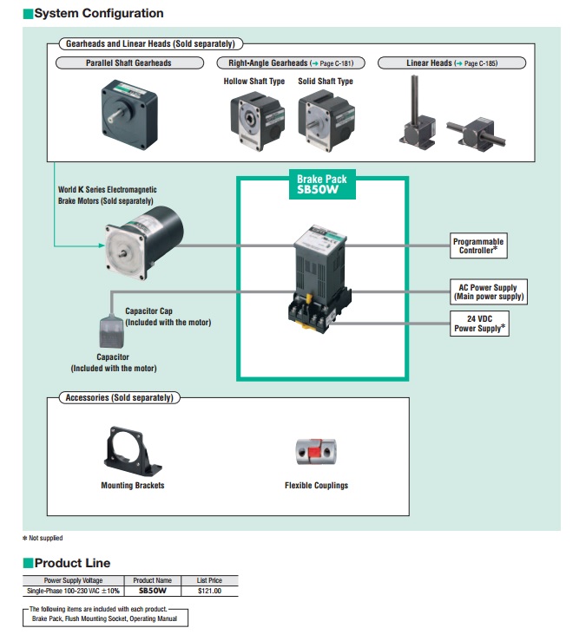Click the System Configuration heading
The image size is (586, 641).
[98, 14]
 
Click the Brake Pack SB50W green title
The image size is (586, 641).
[322, 186]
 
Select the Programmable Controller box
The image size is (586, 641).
[478, 245]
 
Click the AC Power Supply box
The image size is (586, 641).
[487, 292]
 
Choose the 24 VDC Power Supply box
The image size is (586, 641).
[480, 324]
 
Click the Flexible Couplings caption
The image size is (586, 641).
[316, 486]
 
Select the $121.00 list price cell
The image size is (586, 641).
[209, 591]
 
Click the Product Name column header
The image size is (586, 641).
[152, 580]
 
